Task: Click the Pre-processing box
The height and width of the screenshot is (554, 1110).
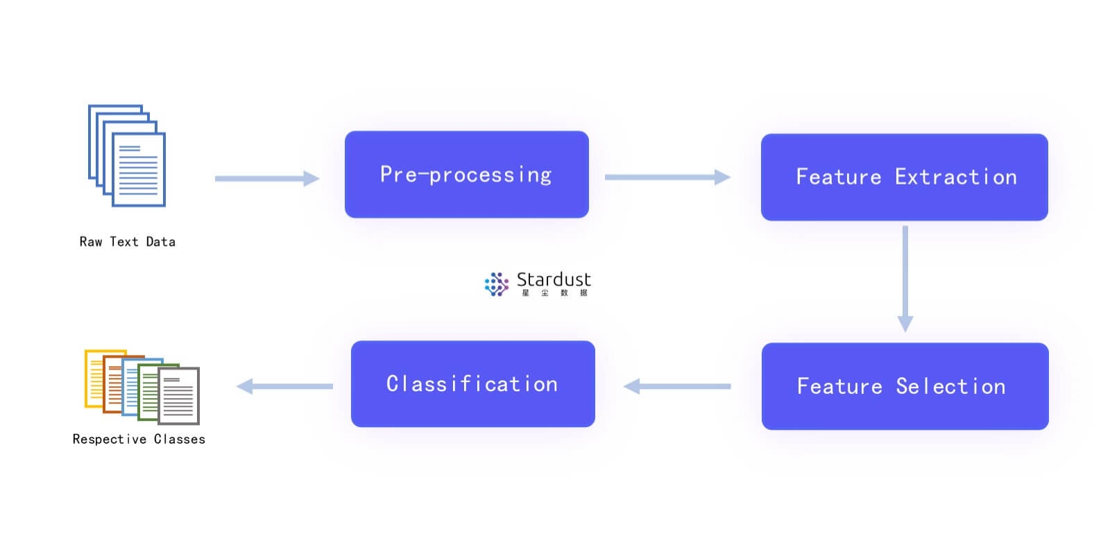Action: coord(467,174)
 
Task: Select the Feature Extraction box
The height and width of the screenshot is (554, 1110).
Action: coord(905,177)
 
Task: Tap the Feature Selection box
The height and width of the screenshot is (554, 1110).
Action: coord(905,386)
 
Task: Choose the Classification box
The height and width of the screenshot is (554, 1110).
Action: coord(472,383)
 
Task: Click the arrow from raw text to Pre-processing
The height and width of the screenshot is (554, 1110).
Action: coord(267,178)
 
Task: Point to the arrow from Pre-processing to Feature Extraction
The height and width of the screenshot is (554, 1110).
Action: coord(667,177)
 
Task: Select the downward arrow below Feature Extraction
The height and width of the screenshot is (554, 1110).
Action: coord(905,279)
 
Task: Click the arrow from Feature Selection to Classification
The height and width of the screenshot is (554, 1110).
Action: coord(677,386)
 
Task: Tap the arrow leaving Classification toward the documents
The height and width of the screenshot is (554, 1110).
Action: coord(285,386)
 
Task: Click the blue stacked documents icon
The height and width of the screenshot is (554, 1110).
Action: coord(127,155)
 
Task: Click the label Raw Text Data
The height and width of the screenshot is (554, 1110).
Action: coord(128,241)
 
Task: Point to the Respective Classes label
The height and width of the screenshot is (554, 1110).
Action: coord(139,439)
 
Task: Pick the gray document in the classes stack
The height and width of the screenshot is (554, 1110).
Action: coord(179,396)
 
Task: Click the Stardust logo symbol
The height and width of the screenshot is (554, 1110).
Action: coord(497,284)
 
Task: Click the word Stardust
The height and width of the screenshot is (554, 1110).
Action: coord(554,279)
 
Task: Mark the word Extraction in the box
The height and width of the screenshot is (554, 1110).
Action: coord(956,177)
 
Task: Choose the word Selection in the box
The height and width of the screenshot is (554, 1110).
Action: coord(950,386)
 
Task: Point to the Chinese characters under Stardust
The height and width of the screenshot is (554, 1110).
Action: coord(554,293)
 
